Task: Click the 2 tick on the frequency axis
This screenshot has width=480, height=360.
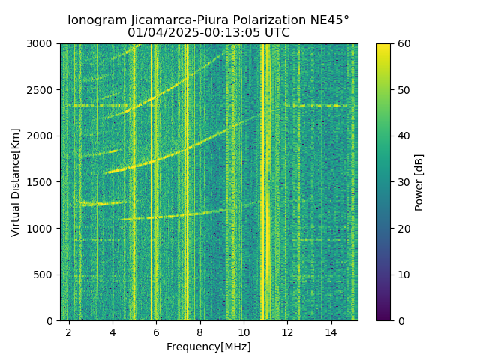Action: [x=69, y=331]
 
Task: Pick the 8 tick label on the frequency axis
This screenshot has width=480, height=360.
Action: [x=200, y=331]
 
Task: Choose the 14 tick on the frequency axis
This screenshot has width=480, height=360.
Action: [x=331, y=331]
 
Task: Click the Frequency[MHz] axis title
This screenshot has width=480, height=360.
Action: [x=208, y=346]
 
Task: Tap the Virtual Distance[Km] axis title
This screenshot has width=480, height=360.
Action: [x=16, y=182]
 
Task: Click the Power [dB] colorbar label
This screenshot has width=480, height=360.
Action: [x=419, y=182]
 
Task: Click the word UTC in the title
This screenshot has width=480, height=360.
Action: [x=275, y=33]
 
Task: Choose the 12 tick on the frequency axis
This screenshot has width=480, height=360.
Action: [x=287, y=331]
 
